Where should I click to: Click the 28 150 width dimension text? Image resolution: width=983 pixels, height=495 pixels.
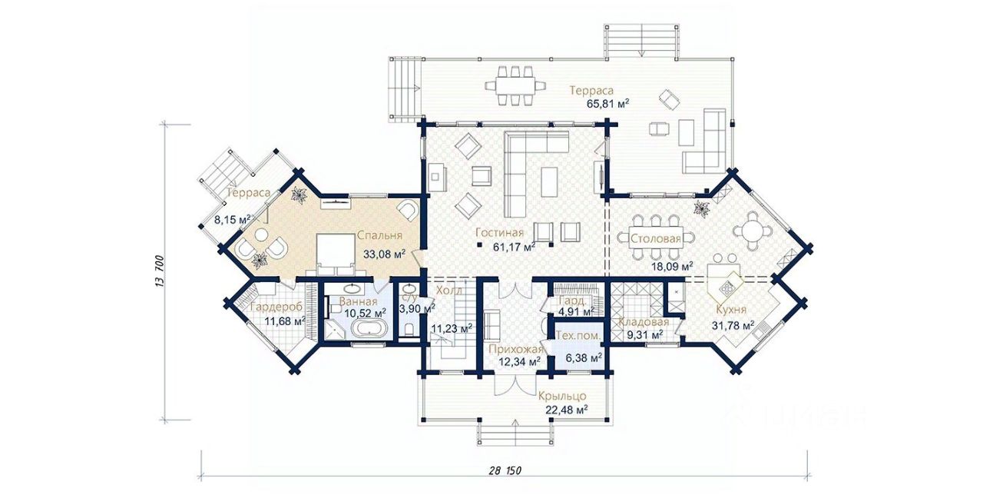point(505,470)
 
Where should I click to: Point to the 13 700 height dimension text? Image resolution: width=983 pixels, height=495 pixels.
point(160,271)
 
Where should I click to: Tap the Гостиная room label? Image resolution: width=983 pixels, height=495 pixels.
point(499,232)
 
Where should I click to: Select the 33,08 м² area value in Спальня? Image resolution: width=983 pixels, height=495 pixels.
point(384,254)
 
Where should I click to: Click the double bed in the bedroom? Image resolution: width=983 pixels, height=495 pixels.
point(336,254)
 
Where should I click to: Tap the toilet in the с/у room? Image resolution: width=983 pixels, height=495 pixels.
point(409,330)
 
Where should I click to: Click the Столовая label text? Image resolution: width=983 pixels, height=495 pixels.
point(656,239)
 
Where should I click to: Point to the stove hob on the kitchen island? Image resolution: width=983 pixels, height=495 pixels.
point(726,287)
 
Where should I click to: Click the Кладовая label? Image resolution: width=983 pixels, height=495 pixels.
point(644,322)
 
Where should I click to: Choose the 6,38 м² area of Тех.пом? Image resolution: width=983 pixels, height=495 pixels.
point(584,358)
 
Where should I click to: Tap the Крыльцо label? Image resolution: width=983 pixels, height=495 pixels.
point(563,396)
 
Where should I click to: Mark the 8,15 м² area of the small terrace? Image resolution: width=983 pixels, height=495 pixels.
point(232,219)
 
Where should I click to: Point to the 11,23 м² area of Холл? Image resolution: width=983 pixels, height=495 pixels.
point(452,328)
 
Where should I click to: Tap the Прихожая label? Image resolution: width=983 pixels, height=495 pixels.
point(516,350)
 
